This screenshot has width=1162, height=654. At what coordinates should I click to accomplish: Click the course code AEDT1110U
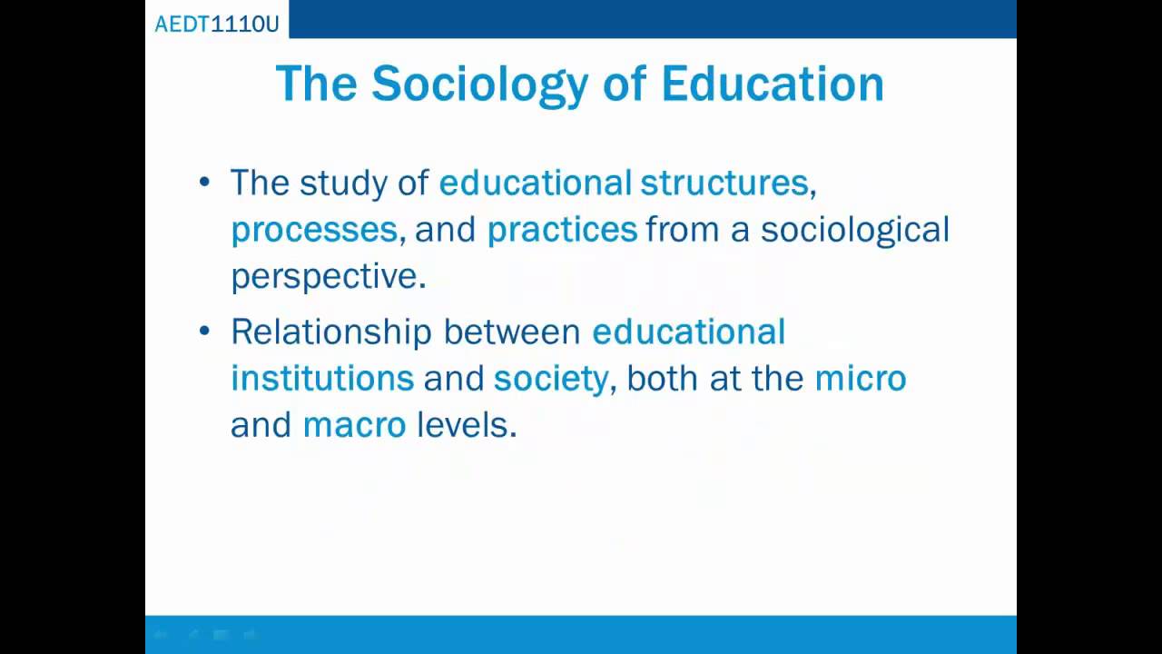(217, 24)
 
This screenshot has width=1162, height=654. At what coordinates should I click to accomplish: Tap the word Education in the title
(772, 84)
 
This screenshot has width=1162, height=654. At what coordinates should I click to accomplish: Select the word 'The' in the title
(317, 84)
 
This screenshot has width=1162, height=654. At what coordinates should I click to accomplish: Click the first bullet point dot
(204, 182)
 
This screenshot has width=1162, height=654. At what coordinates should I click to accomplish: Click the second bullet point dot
(204, 331)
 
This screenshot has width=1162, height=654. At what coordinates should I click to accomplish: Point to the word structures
(724, 183)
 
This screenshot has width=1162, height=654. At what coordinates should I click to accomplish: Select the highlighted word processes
(314, 230)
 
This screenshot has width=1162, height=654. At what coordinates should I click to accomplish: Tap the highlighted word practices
(562, 230)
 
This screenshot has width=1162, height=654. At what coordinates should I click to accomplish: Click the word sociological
(854, 230)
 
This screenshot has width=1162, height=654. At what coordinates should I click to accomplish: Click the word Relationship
(330, 332)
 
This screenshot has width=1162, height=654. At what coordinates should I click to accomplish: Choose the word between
(511, 332)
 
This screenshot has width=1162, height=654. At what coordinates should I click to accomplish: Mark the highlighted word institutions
(322, 378)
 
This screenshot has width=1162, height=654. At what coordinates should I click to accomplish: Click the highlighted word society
(550, 379)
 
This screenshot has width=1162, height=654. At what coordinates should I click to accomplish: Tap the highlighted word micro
(860, 378)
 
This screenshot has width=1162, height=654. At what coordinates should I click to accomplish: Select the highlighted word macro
(354, 425)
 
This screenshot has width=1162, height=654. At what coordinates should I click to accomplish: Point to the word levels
(466, 425)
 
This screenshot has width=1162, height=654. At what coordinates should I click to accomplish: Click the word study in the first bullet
(343, 183)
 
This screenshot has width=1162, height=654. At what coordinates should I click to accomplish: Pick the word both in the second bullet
(662, 378)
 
